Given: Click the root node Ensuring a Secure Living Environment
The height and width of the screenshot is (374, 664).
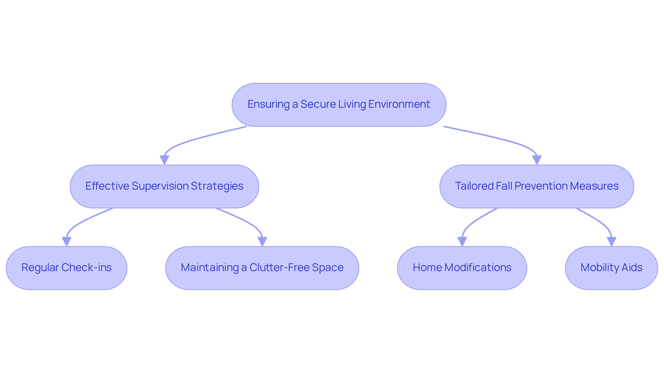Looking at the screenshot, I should point(339,105).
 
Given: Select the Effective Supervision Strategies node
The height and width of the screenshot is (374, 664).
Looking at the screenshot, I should point(164,186).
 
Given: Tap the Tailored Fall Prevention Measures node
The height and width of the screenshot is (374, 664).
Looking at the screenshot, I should point(536,186).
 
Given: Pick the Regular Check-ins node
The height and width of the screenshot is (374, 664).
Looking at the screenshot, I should point(66,268).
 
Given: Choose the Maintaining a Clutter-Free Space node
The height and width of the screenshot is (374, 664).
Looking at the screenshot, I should point(262,268).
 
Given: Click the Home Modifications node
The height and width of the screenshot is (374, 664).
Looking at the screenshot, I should point(462,268).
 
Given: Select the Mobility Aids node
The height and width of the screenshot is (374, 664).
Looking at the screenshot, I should point(611,268).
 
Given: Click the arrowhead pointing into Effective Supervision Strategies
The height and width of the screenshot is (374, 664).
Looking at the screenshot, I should point(164,160).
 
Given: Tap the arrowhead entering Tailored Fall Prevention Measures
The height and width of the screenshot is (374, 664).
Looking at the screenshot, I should point(537,160).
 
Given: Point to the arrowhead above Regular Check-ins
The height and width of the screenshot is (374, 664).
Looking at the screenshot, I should point(66,241).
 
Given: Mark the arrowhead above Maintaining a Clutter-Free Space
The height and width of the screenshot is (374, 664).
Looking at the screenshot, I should point(262,241).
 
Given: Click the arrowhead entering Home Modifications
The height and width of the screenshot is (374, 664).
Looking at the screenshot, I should point(462,241).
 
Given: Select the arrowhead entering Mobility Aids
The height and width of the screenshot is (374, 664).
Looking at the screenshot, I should point(611,241).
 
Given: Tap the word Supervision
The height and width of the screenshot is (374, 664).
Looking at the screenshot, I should point(160,186).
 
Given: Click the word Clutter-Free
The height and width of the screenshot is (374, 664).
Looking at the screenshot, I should point(279,267).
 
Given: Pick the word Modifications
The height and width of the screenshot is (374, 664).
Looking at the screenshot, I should point(478,267).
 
